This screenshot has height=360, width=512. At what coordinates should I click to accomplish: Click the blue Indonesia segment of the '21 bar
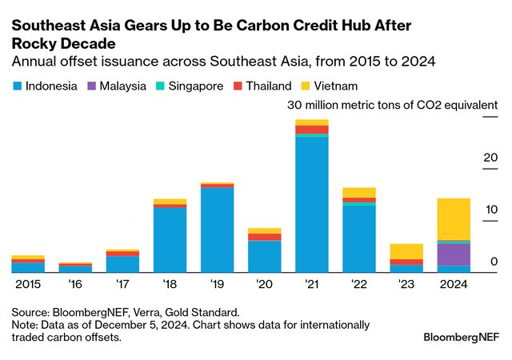[312, 204]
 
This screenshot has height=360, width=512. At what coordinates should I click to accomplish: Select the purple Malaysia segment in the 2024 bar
[454, 254]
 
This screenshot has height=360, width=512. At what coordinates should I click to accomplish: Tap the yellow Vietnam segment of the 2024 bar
[454, 218]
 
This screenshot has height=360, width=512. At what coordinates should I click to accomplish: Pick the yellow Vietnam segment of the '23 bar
[406, 251]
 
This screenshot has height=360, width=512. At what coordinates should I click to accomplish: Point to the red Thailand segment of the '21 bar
[312, 130]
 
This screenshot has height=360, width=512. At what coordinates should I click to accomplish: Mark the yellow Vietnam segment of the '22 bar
[359, 192]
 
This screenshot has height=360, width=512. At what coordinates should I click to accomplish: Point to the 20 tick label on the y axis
[489, 158]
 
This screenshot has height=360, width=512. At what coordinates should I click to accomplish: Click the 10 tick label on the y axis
[489, 210]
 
